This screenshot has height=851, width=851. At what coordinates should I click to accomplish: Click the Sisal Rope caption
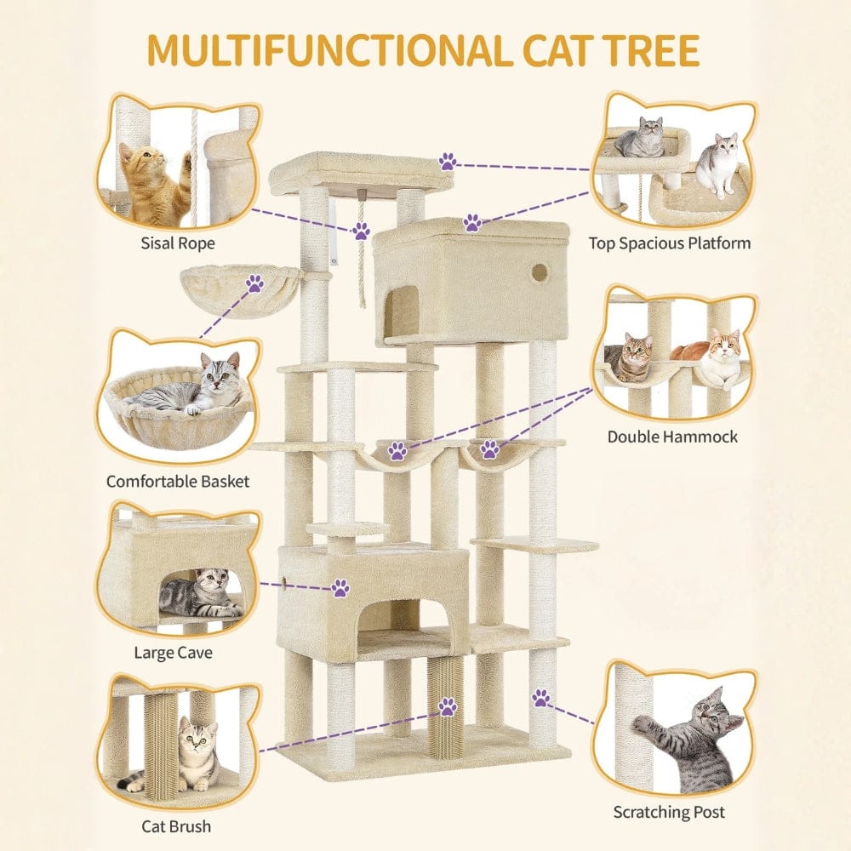(178, 243)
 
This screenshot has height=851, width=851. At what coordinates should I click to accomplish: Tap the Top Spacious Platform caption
(670, 243)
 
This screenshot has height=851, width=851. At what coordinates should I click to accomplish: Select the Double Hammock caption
(672, 437)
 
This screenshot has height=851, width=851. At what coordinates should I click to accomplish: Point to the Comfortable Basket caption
(178, 482)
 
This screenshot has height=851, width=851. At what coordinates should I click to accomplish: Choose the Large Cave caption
(173, 654)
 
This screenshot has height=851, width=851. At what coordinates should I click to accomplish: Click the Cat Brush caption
(176, 825)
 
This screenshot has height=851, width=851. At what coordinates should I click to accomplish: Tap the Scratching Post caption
(669, 813)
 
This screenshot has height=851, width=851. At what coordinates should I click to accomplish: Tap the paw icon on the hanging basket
(254, 285)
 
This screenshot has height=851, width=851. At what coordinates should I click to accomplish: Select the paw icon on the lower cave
(340, 586)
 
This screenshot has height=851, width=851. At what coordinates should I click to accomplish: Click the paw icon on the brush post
(447, 705)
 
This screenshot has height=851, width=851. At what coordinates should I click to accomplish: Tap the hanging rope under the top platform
(364, 264)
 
